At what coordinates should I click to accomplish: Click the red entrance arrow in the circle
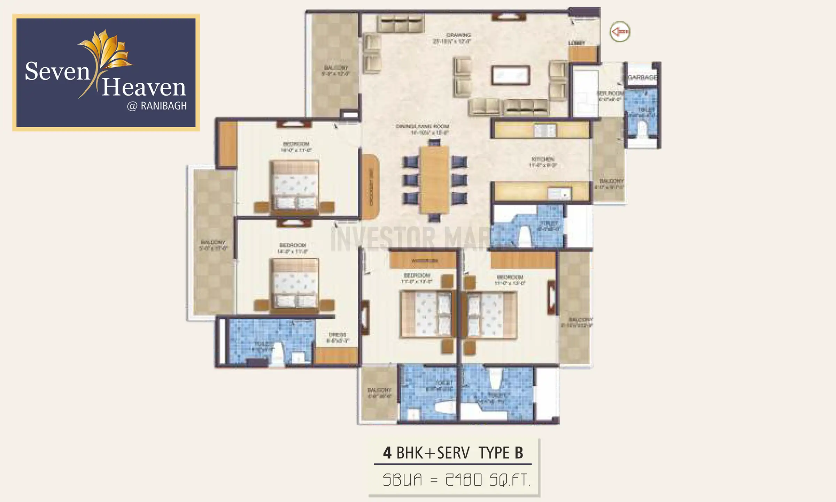[x=620, y=32]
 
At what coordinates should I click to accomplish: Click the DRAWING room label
[x=458, y=35]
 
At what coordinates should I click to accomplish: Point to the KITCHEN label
[x=543, y=159]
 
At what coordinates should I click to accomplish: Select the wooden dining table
[x=434, y=180]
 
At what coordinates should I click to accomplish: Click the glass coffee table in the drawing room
[x=510, y=75]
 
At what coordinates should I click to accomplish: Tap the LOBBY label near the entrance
[x=576, y=43]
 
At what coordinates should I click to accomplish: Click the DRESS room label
[x=337, y=335]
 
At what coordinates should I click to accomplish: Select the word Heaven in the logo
[x=144, y=87]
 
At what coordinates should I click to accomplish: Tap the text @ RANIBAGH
[x=157, y=106]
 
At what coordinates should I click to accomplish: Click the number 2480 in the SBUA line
[x=464, y=480]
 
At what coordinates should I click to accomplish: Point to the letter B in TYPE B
[x=519, y=453]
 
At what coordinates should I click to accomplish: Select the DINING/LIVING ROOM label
[x=422, y=126]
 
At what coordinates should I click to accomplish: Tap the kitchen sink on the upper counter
[x=544, y=131]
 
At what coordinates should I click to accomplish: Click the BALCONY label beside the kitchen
[x=611, y=181]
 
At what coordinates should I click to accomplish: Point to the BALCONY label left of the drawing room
[x=336, y=68]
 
